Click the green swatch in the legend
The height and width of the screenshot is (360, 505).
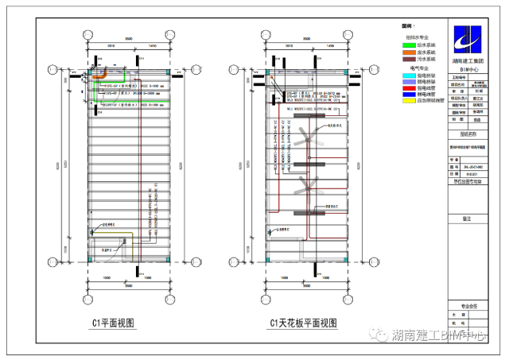(409, 45)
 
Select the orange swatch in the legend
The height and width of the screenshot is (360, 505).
(409, 52)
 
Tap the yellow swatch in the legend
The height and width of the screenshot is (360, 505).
(409, 101)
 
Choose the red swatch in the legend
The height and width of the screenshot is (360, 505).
(409, 88)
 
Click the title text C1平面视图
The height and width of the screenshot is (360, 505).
(111, 323)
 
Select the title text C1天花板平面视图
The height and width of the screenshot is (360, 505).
(304, 323)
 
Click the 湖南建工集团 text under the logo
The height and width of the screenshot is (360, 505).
(468, 60)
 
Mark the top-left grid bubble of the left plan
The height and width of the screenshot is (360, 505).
(85, 33)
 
